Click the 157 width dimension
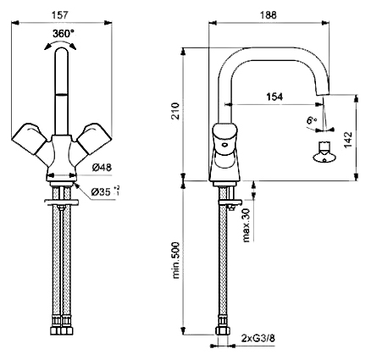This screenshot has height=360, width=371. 61,14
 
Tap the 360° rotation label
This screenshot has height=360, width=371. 64,34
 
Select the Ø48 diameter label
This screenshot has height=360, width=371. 102,168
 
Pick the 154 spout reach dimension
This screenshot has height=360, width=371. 274,97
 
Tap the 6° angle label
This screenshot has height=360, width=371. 312,120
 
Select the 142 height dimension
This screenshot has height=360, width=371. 349,140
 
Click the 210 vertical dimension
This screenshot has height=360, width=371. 175,111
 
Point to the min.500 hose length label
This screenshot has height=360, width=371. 175,260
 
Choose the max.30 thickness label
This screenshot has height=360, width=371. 246,225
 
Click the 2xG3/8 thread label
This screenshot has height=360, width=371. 258,338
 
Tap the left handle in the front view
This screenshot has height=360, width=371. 30,138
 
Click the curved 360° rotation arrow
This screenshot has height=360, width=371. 60,43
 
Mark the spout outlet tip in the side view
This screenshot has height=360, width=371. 322,94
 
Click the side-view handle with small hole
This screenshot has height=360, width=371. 224,139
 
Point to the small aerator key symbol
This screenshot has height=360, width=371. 324,152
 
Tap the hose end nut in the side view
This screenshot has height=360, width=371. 223,330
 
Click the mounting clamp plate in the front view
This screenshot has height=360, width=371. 62,202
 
